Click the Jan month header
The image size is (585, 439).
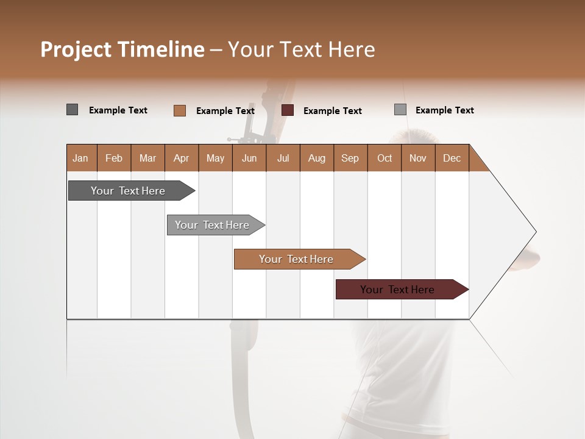(x=80, y=159)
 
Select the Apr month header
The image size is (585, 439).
(x=181, y=159)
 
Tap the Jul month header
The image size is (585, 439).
(x=283, y=159)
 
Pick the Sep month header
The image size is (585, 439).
(x=350, y=159)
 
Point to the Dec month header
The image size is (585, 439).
(x=452, y=159)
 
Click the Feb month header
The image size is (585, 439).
(x=114, y=159)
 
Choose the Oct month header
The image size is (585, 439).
(x=385, y=159)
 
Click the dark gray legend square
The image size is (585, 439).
(x=72, y=110)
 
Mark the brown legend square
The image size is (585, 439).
(x=179, y=110)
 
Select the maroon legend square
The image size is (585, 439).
(x=288, y=110)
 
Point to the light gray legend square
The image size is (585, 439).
(x=400, y=110)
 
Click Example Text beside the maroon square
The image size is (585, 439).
(x=332, y=111)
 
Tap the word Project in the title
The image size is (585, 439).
(x=76, y=49)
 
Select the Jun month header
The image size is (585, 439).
(x=249, y=159)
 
